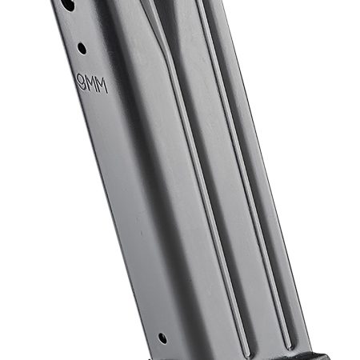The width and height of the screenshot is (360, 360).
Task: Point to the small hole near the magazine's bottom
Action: pyautogui.click(x=162, y=338)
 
